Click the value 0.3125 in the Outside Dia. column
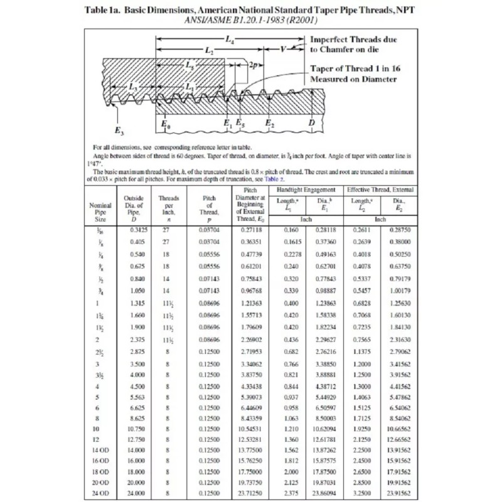(137, 230)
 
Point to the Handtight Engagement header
(305, 190)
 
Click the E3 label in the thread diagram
(119, 131)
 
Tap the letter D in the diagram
(312, 123)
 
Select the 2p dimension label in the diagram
(254, 65)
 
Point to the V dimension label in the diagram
(284, 49)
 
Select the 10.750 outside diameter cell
(137, 429)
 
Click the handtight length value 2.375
(289, 493)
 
